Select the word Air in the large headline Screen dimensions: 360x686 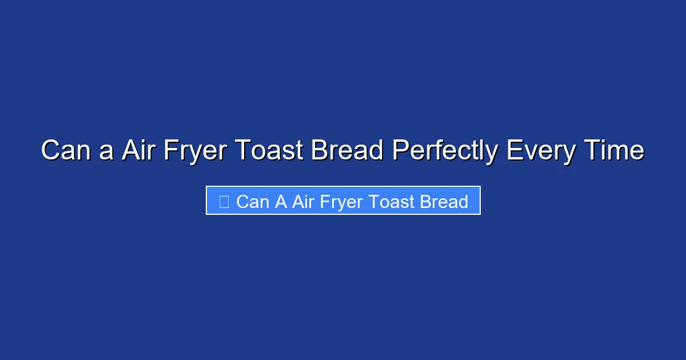tap(139, 151)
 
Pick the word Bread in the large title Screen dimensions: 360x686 tap(347, 151)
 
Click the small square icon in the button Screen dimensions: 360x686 tap(224, 201)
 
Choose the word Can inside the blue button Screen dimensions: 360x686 tap(253, 202)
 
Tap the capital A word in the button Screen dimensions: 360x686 tap(281, 202)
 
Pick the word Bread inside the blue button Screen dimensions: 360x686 tap(444, 202)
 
